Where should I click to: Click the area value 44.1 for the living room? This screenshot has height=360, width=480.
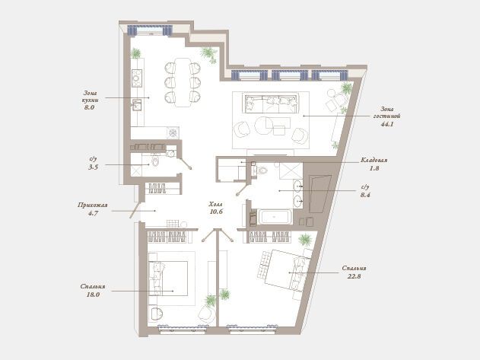[387, 124]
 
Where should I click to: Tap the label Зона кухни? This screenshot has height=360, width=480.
[90, 97]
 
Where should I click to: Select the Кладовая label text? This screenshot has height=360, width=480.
[374, 160]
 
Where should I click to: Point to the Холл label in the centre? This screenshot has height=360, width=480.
[216, 204]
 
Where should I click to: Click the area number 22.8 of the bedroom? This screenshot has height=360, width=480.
[354, 276]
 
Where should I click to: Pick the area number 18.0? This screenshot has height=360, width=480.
[93, 295]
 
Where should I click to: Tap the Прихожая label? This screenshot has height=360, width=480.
[93, 205]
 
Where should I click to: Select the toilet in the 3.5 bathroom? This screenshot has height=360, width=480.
[155, 161]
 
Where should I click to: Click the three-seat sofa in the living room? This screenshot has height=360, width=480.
[272, 104]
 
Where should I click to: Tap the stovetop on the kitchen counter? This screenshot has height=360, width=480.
[137, 78]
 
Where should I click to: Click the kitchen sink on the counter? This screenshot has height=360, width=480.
[136, 105]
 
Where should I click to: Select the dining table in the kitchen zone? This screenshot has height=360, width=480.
[183, 82]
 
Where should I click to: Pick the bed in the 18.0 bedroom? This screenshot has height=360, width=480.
[168, 279]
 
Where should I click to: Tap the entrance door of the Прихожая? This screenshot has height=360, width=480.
[135, 211]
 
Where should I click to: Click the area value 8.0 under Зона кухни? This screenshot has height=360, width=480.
[90, 107]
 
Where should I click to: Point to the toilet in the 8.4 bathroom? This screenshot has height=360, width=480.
[261, 170]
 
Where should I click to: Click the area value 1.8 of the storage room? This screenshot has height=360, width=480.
[374, 168]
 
